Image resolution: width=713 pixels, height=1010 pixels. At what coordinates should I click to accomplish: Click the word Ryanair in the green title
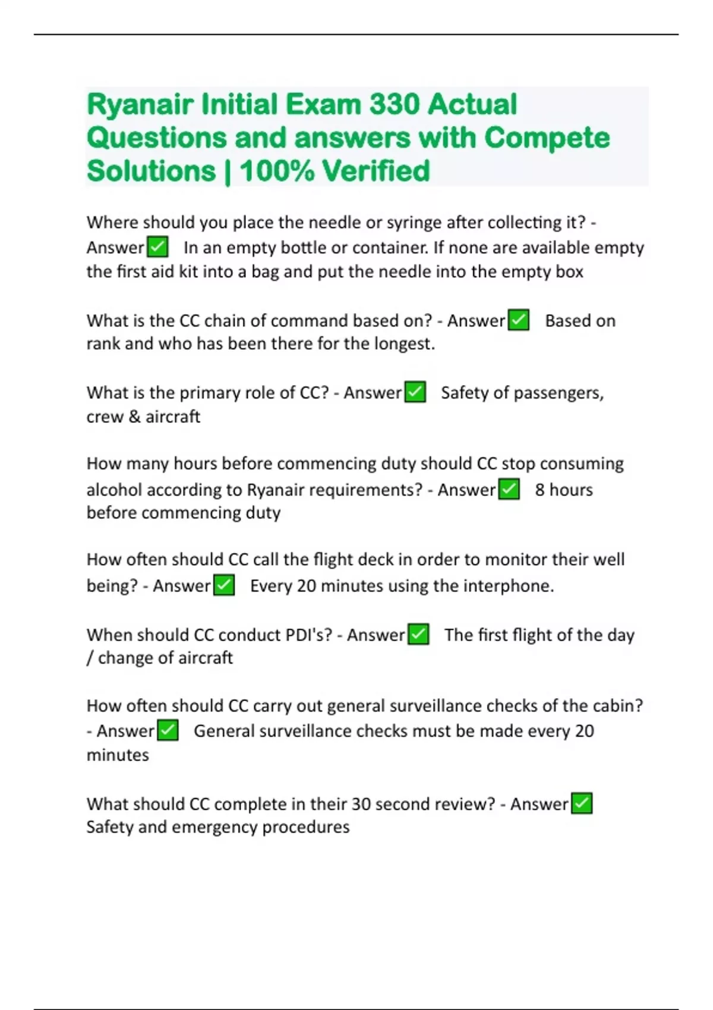click(140, 105)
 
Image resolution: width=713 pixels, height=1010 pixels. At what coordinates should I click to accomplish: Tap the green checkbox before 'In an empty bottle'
click(157, 247)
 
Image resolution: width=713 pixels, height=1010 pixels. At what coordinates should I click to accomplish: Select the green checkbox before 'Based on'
click(519, 320)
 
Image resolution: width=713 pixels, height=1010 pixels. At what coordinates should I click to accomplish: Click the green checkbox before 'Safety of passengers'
click(415, 392)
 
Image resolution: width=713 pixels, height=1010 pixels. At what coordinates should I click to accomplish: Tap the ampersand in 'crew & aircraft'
click(134, 417)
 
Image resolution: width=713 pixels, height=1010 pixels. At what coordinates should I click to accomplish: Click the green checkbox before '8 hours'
click(509, 490)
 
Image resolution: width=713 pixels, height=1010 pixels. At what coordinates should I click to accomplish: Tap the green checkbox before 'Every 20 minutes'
click(224, 586)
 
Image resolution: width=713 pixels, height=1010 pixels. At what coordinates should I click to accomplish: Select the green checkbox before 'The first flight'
click(418, 635)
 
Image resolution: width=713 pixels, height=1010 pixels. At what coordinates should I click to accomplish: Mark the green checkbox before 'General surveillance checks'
click(168, 731)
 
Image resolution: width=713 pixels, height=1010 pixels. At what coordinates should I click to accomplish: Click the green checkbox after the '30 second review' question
click(582, 804)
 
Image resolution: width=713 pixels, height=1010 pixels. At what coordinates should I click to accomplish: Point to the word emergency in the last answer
click(214, 827)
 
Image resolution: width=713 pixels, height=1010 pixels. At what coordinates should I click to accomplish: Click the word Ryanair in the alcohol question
click(276, 490)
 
